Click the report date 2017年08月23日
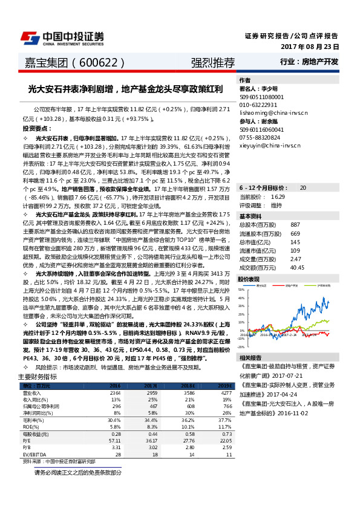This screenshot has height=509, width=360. click(x=309, y=47)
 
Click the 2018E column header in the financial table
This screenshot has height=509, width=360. click(x=189, y=384)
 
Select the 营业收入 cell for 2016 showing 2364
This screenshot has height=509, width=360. click(x=115, y=392)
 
